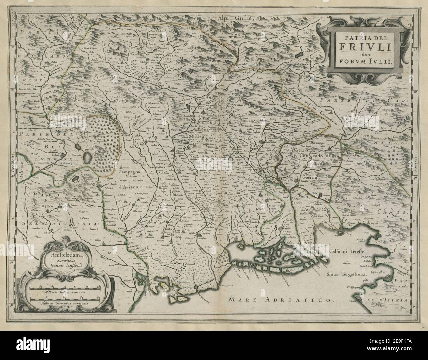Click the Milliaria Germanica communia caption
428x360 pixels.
point(65,305)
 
